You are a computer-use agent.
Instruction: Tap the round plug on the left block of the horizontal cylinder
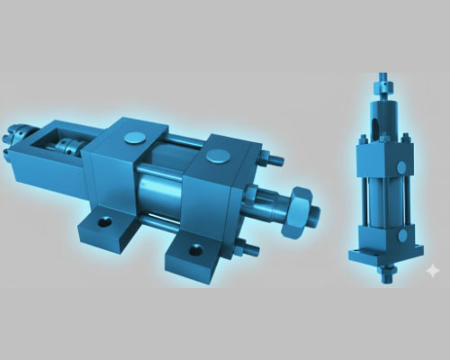coord(134,138)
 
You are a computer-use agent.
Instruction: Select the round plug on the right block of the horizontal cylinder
coord(218,157)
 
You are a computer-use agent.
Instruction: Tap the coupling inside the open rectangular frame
coord(64,146)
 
